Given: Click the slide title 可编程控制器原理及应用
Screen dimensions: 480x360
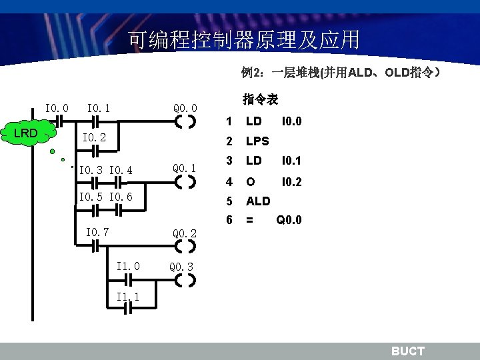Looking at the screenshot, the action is tap(244, 41).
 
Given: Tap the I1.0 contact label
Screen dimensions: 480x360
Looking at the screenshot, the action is tap(128, 266).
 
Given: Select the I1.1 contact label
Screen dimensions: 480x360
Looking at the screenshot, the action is tap(128, 297).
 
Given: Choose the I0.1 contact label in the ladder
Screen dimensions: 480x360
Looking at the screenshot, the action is tap(99, 107).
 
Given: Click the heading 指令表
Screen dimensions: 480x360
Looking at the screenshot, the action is tap(260, 100).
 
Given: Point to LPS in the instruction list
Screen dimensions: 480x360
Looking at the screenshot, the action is tap(257, 141).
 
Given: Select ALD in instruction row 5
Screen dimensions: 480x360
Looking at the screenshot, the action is tap(258, 201).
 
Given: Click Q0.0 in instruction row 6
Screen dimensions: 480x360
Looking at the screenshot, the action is tap(289, 219).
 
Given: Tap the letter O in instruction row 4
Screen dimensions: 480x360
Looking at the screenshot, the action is tap(250, 181).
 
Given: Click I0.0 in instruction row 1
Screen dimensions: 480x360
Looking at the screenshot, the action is tap(291, 121).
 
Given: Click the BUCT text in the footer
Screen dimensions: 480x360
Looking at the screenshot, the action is tap(407, 351).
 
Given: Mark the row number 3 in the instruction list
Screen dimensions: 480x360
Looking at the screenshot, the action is tap(229, 161).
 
